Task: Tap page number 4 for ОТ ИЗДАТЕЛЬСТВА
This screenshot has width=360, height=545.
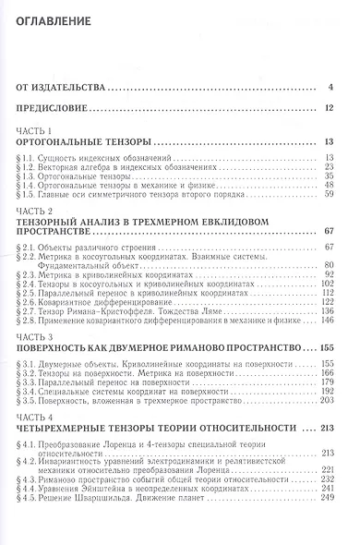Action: pos(341,89)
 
